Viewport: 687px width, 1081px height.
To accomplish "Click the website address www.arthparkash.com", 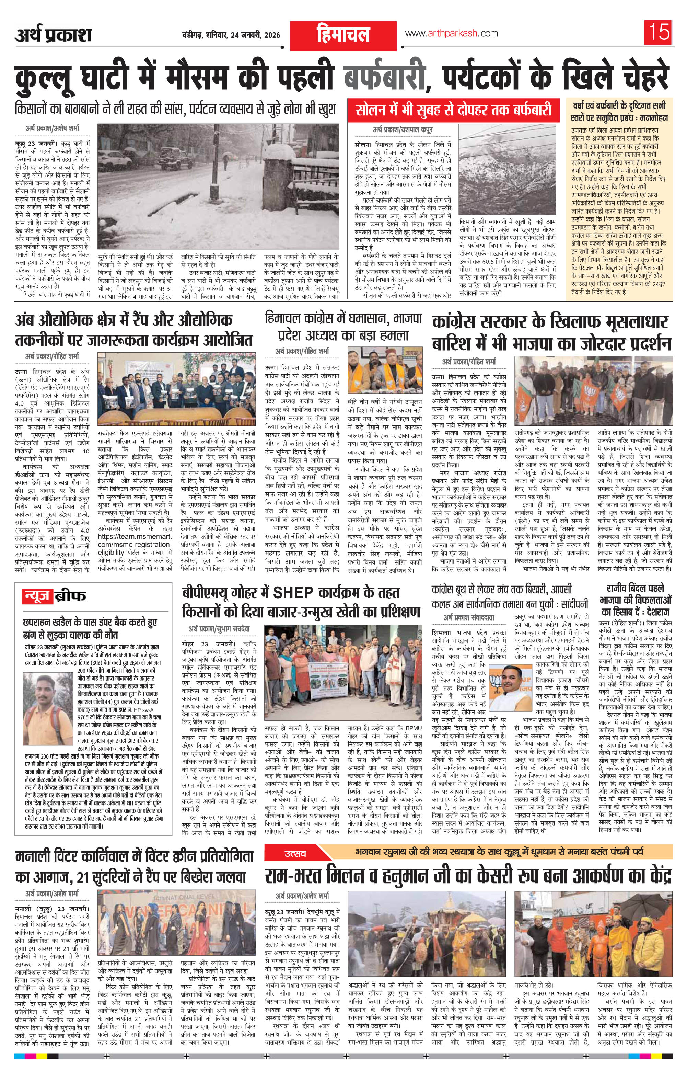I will [x=451, y=34].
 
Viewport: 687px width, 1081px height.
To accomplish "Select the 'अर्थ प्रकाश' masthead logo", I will [x=53, y=35].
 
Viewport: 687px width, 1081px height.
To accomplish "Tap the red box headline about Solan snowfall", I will [x=452, y=110].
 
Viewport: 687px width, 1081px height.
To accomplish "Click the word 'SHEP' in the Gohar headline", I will [x=299, y=593].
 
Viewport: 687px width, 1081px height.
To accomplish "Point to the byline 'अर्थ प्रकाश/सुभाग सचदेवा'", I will [x=219, y=628].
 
